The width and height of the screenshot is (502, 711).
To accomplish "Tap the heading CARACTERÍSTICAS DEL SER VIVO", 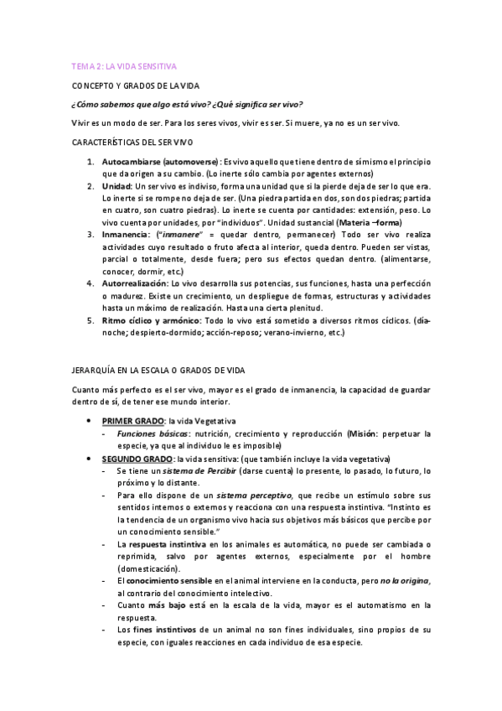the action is [x=132, y=143].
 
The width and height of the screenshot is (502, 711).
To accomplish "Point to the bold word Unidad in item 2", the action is [x=116, y=185].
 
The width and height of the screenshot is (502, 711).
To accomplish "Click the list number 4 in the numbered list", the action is [x=90, y=283].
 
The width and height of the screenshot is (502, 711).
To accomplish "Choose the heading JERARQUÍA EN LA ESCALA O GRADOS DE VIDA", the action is [x=158, y=370].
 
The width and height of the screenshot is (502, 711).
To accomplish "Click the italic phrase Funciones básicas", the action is [x=153, y=433].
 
